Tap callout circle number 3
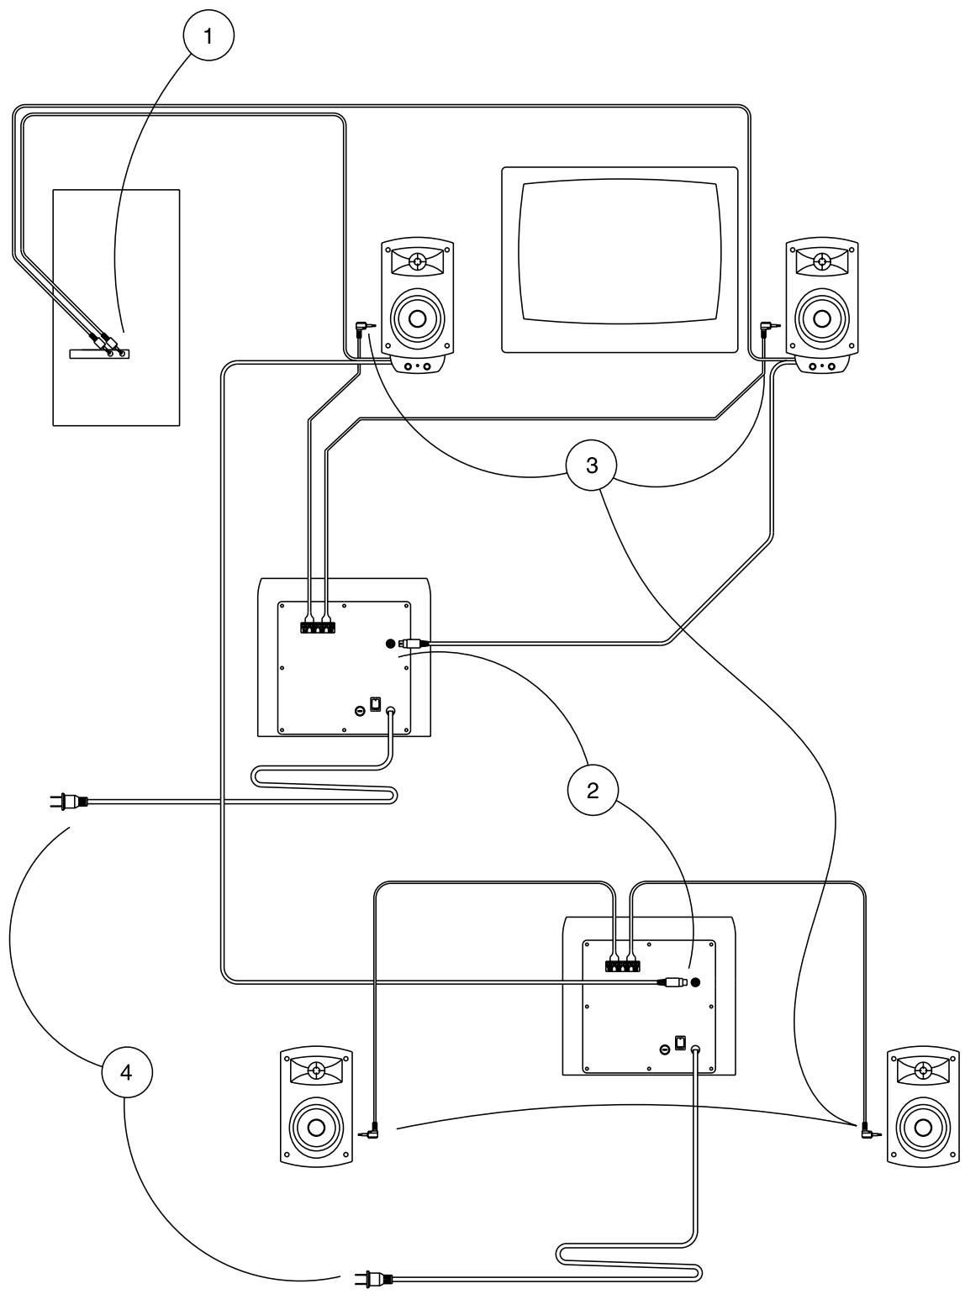593,465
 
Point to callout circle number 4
126,1071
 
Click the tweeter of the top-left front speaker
417,261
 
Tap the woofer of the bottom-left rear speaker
314,1128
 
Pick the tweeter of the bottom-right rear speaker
922,1070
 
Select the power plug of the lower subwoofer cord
371,1278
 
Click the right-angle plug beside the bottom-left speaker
371,1134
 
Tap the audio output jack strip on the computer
98,354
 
